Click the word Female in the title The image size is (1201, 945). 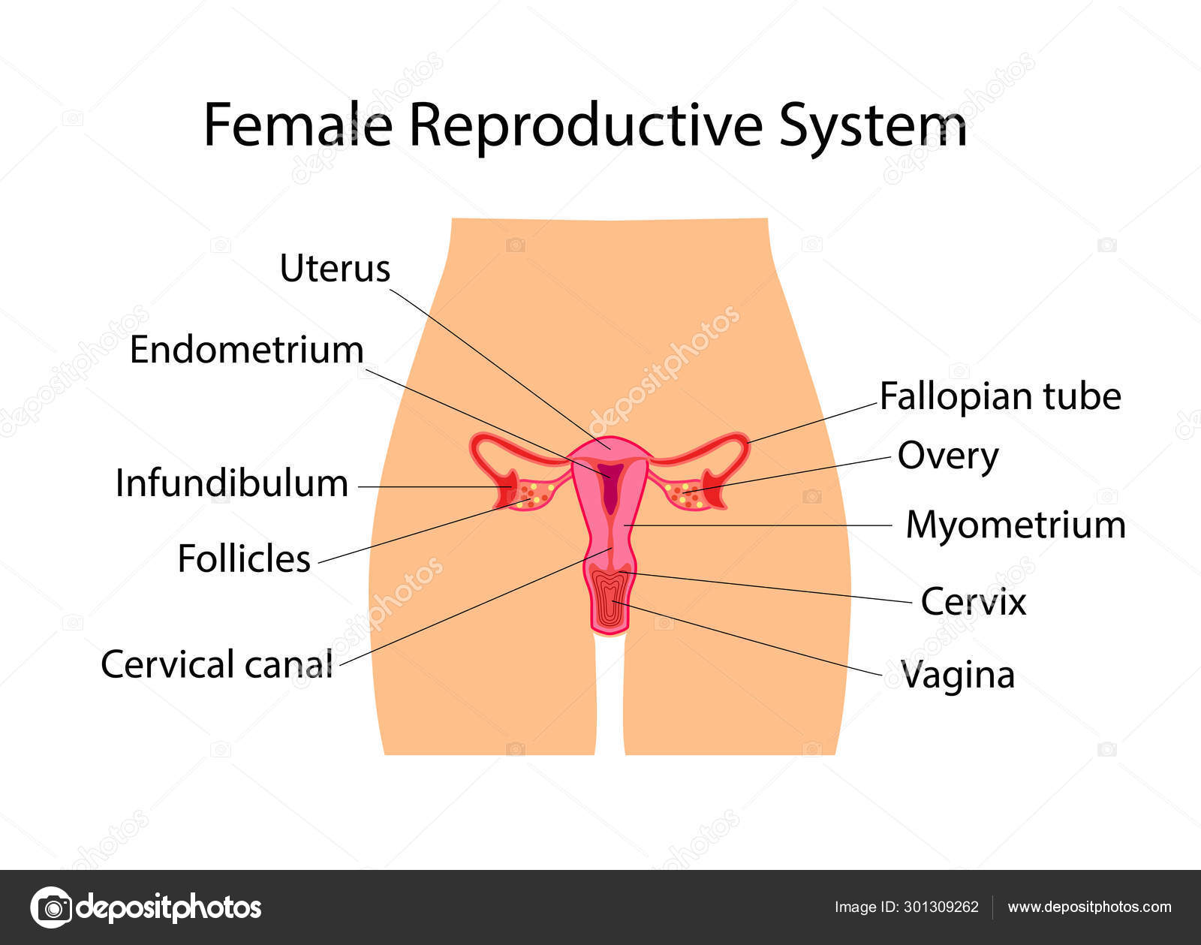[298, 125]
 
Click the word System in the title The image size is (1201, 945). [873, 128]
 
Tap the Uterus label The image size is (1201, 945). [334, 269]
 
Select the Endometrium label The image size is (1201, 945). [247, 350]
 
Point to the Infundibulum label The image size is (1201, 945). [232, 483]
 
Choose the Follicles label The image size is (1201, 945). [244, 558]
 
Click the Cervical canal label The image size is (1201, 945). [217, 664]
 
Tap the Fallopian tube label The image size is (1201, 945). [1001, 396]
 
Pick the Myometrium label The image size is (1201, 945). [1016, 525]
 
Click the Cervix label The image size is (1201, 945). [974, 602]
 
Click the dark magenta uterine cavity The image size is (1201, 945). [612, 486]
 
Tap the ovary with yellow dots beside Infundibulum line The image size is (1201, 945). [533, 495]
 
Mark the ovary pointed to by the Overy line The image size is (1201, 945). [686, 495]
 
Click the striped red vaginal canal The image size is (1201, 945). [610, 599]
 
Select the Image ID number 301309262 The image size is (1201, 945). [941, 907]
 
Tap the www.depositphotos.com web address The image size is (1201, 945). [1089, 907]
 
